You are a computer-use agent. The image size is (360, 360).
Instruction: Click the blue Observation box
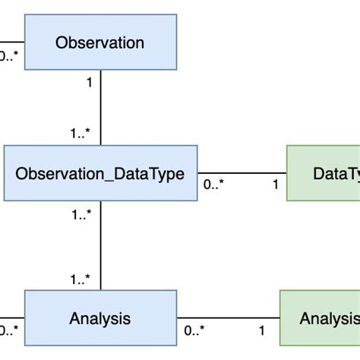click(99, 43)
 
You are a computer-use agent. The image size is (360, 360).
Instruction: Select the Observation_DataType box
click(99, 173)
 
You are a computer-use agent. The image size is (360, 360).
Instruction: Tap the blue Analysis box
click(99, 318)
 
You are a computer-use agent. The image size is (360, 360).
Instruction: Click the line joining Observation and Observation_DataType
click(100, 106)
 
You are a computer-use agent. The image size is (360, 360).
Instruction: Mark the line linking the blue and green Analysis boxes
click(228, 318)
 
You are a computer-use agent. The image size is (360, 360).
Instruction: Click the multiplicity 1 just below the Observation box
click(89, 82)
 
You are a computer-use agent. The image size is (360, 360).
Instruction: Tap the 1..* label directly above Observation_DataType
click(81, 134)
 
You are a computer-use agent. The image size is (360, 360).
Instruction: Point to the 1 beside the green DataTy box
click(275, 185)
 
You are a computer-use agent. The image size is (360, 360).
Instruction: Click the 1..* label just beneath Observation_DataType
click(81, 215)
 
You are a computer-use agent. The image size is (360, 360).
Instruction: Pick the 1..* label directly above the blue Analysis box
click(81, 279)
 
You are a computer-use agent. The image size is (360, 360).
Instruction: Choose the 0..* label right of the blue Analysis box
click(195, 330)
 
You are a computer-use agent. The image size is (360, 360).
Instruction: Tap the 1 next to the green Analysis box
click(262, 330)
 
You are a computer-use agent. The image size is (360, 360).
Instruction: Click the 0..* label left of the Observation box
click(8, 55)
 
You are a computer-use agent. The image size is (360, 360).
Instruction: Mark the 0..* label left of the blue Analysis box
click(8, 330)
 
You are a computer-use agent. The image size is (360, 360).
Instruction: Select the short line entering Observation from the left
click(11, 42)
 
